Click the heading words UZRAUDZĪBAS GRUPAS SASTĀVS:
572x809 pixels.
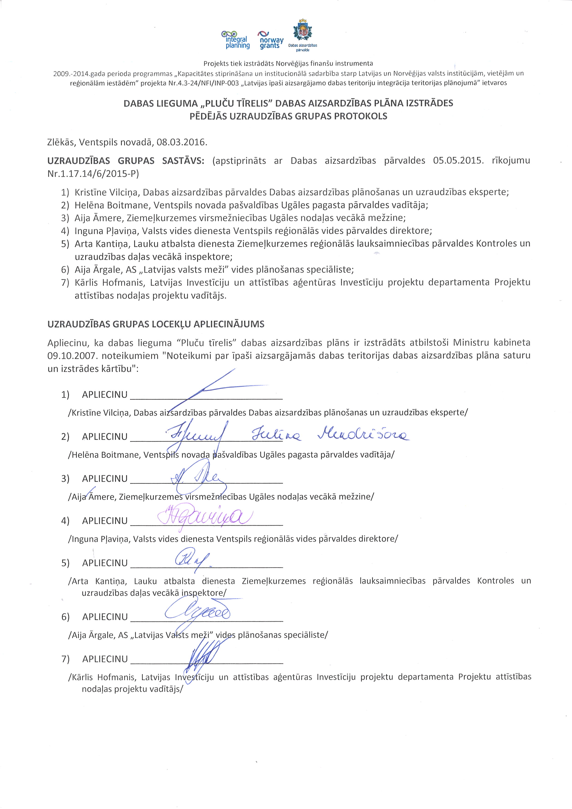(125, 161)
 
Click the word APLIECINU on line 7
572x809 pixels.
(105, 659)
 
